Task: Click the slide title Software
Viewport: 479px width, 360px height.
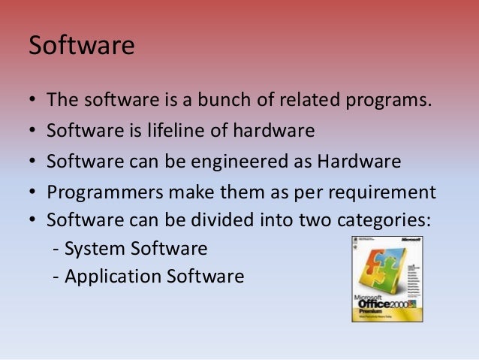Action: pos(81,46)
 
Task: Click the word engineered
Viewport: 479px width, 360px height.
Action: pos(243,162)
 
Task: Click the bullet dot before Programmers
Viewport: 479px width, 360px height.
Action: pos(33,193)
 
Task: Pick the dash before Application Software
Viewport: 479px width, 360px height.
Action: pos(56,277)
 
